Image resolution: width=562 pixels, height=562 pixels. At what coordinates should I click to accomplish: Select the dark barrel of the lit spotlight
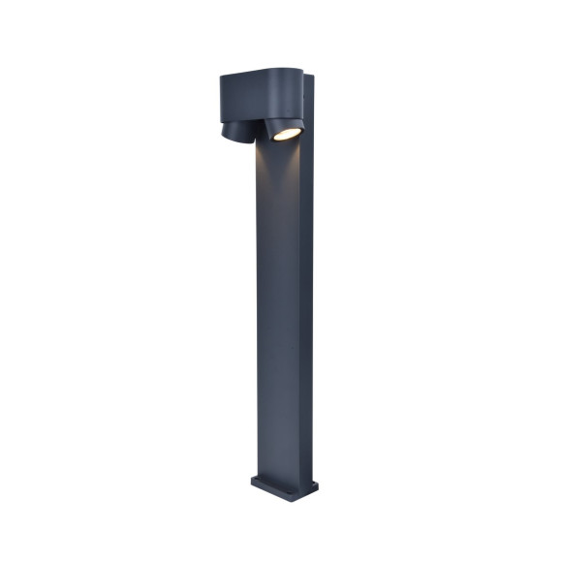pyautogui.click(x=281, y=123)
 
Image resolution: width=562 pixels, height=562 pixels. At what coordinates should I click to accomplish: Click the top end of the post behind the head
pyautogui.click(x=307, y=74)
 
